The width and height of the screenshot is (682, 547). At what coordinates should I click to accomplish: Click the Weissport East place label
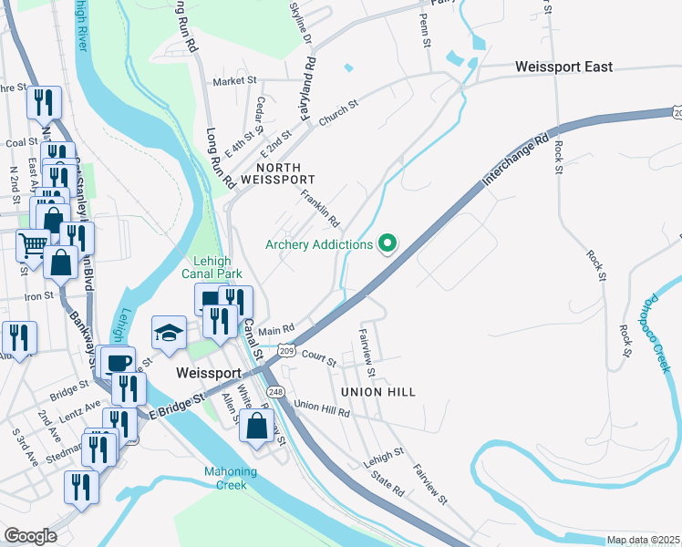(563, 67)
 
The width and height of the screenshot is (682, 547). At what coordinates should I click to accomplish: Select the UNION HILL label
(378, 392)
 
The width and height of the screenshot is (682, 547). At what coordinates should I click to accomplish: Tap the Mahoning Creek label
(230, 478)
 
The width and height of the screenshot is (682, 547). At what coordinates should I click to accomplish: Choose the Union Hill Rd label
(322, 408)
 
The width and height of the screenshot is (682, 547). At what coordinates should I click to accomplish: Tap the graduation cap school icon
(169, 334)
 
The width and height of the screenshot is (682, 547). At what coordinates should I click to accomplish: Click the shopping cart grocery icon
(34, 243)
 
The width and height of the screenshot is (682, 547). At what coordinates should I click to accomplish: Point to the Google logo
(30, 535)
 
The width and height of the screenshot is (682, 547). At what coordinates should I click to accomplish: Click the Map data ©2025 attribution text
(643, 540)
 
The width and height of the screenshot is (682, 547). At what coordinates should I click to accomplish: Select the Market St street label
(234, 81)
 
